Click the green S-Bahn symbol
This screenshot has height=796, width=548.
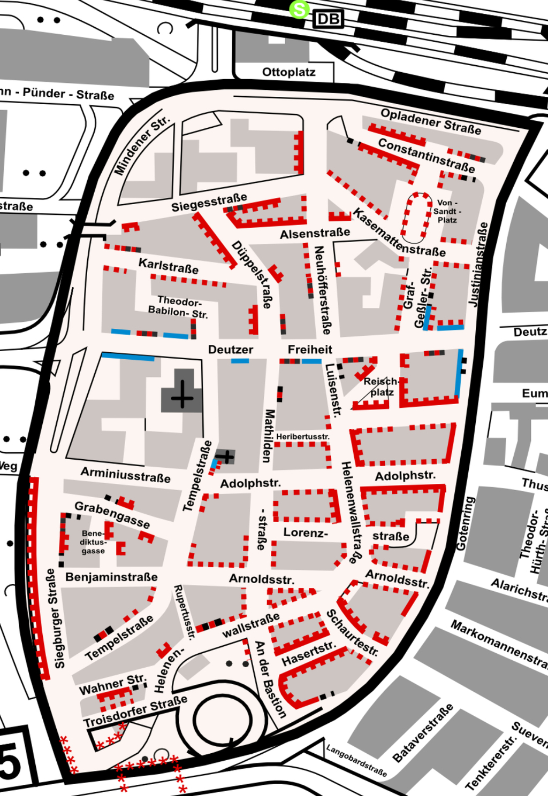coord(299,9)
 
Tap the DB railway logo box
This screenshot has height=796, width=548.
coord(328,20)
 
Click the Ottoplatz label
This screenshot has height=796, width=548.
coord(288,72)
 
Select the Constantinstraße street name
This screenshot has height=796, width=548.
coord(426,155)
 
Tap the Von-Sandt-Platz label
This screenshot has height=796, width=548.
coord(447,211)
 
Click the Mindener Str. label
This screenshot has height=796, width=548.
coord(142,145)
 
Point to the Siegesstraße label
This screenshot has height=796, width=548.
coord(209,203)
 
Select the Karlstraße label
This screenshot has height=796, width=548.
coord(168,266)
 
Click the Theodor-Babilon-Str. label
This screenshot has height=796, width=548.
coord(178,307)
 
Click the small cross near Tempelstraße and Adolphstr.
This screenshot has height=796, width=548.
coord(226,456)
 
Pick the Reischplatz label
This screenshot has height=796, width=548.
coord(381,387)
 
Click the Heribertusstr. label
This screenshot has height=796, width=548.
coord(303,437)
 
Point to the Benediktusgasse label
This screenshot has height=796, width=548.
coord(93,542)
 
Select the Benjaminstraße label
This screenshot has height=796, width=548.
coord(111,577)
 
